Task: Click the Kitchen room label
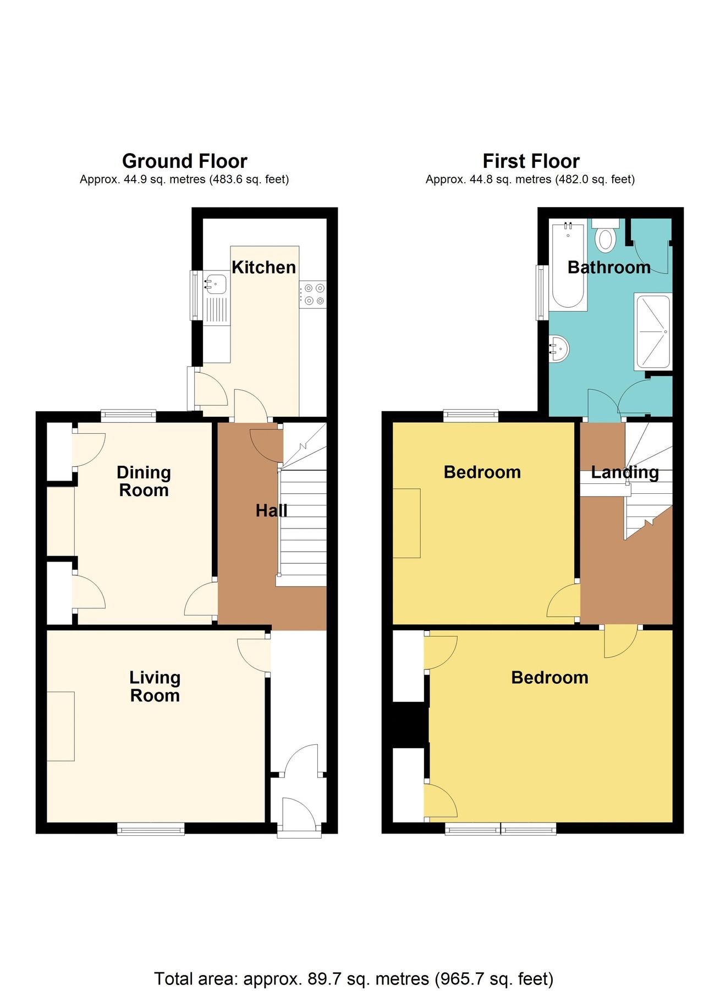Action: click(263, 268)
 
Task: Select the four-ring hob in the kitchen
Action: click(314, 294)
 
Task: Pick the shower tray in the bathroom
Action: click(653, 332)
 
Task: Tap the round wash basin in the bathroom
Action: click(559, 348)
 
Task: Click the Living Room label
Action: click(155, 687)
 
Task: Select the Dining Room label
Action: click(144, 481)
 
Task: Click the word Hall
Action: click(271, 511)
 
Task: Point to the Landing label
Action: click(625, 472)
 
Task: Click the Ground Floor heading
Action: click(184, 161)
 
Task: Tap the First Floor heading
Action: click(531, 161)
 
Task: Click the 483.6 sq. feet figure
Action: click(249, 179)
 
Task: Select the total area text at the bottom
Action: click(354, 978)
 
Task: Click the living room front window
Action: click(151, 829)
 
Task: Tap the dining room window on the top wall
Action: click(128, 416)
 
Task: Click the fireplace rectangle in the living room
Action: click(61, 726)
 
